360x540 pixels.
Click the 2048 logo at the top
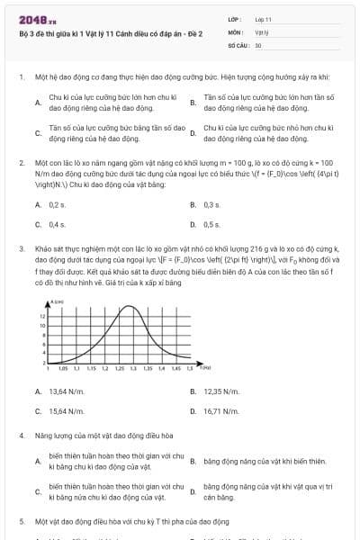(x=31, y=18)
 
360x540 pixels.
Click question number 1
(x=21, y=78)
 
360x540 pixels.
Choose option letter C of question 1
(x=38, y=133)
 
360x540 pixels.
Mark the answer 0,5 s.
(x=212, y=224)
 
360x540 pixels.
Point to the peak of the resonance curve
(x=131, y=308)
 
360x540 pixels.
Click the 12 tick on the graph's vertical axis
(x=42, y=317)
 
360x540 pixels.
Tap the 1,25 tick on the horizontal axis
(x=119, y=369)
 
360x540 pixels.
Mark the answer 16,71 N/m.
(x=221, y=410)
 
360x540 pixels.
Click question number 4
(x=21, y=435)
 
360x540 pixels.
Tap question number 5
(x=21, y=521)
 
